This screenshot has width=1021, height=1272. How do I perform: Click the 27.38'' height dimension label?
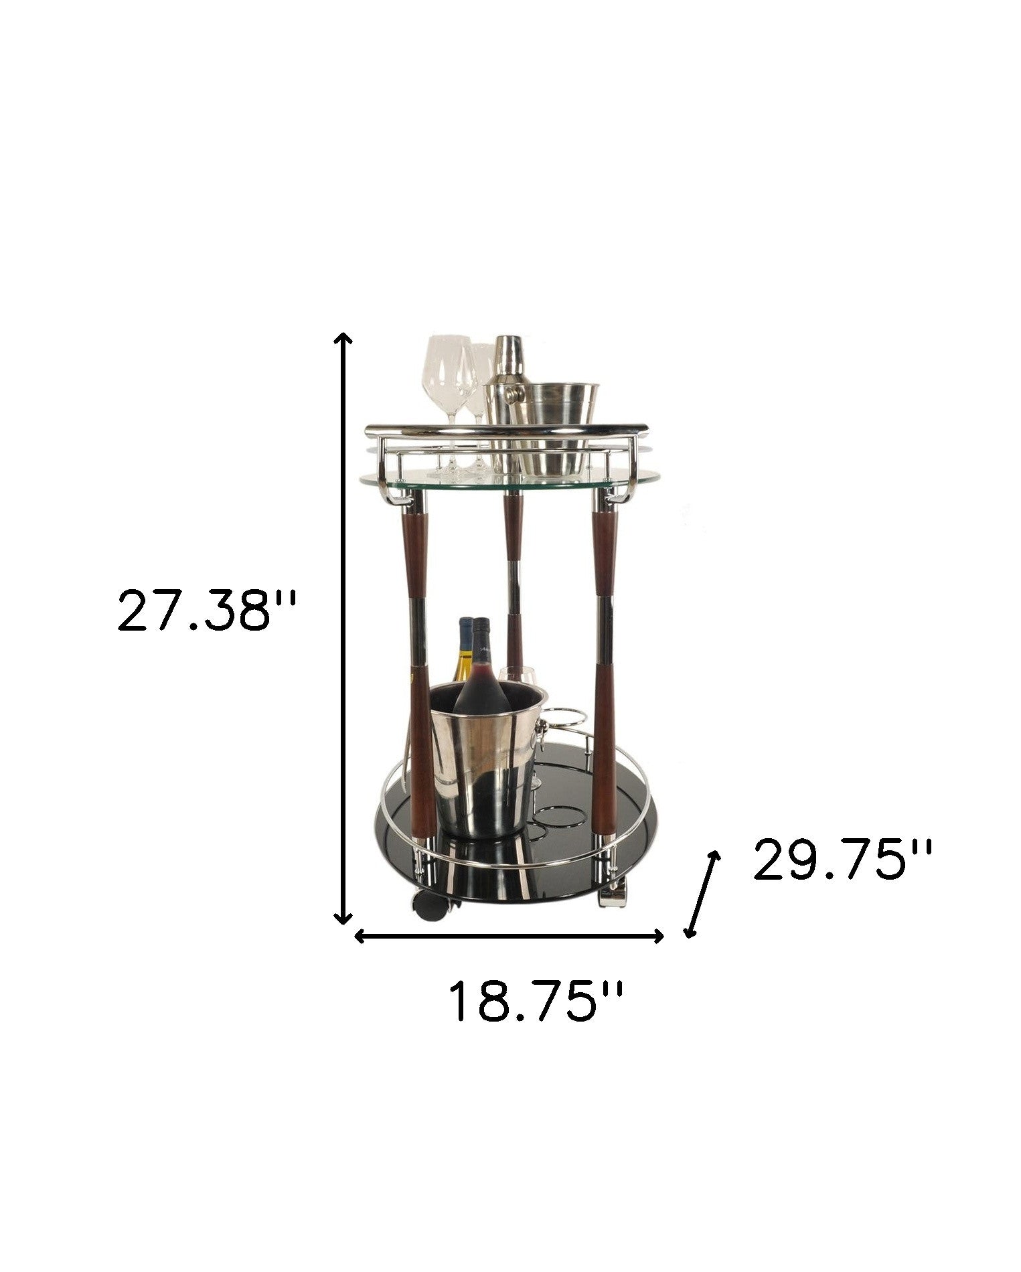click(206, 610)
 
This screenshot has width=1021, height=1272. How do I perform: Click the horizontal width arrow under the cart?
click(509, 936)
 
